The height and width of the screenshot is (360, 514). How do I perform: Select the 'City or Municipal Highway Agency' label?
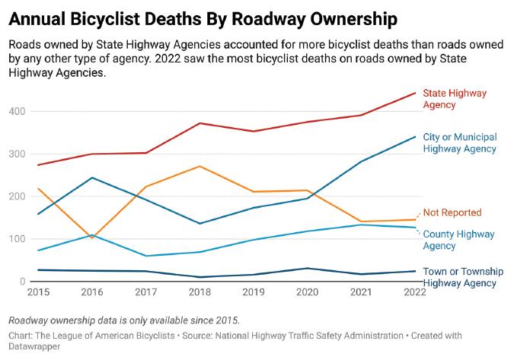coord(459,142)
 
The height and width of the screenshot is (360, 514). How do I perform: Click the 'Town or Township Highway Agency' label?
coord(459,277)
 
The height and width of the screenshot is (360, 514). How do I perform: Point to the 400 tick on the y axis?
coord(17,111)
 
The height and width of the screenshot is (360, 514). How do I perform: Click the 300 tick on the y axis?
coord(17,154)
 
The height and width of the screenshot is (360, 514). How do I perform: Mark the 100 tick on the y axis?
coord(17,239)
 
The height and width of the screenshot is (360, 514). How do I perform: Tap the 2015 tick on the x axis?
coord(37,292)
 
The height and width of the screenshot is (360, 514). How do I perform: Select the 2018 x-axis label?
coord(200,292)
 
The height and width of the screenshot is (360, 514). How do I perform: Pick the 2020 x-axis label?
coord(307,292)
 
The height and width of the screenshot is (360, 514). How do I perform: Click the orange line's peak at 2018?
coord(200,166)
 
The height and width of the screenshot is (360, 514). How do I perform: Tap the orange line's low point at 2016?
coord(92,237)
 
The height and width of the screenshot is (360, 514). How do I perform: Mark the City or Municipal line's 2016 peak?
coord(91,177)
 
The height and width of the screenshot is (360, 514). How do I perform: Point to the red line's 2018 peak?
coord(200,123)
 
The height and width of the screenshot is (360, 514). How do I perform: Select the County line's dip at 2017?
coord(145,256)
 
